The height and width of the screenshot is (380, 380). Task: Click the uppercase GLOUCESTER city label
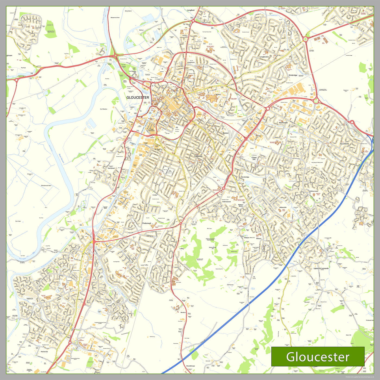point(138,97)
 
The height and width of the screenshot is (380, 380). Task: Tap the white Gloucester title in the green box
point(318,357)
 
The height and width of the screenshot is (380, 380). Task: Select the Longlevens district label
point(264,57)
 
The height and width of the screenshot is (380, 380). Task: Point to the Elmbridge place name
point(293,75)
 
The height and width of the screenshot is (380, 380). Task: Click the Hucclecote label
point(344,144)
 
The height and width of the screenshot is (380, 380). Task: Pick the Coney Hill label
point(254,158)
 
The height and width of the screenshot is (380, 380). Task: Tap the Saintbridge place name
point(245,177)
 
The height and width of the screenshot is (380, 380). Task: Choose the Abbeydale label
point(283,207)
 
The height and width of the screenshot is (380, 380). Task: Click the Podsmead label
point(146,223)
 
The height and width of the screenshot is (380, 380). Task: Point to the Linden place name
point(155,195)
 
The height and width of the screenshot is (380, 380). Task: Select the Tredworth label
point(198,156)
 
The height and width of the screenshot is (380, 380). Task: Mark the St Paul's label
point(158,149)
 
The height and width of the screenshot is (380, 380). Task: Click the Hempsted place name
point(111,168)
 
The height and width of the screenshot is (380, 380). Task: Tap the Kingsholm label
point(191,62)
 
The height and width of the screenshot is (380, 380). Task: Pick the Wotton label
point(218,95)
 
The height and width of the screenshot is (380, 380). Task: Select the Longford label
point(191,10)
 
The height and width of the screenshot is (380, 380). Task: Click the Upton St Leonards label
point(321,268)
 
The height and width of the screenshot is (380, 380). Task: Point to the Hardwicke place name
point(44,351)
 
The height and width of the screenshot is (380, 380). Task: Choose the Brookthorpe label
point(191,366)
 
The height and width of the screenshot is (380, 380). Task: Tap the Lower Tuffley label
point(144,265)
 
